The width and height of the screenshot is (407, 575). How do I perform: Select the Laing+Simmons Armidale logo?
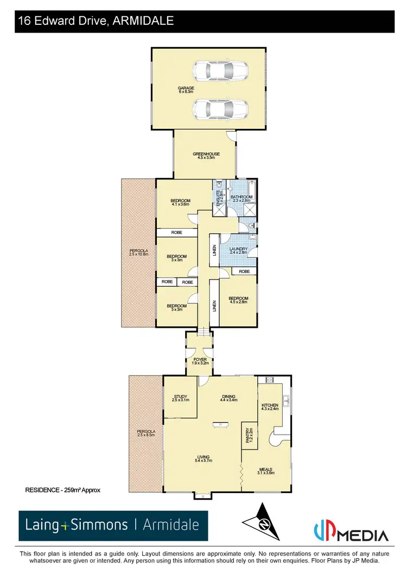(113, 525)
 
